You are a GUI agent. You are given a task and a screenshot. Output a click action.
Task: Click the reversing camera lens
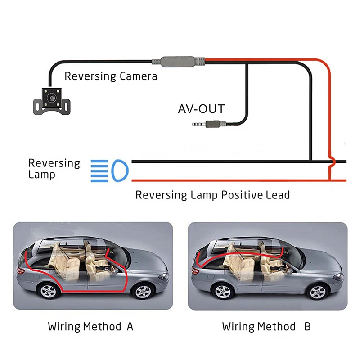click(52, 98)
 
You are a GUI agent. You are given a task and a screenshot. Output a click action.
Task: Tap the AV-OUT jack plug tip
click(193, 125)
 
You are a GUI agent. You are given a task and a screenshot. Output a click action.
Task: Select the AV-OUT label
click(201, 109)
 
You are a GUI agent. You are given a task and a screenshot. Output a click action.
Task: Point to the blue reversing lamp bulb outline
click(120, 171)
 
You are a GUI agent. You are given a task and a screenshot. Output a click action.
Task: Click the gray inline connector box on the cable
click(177, 62)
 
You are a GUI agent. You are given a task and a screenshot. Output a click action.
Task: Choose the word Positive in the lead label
click(242, 195)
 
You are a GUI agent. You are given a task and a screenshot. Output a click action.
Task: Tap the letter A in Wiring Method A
click(130, 326)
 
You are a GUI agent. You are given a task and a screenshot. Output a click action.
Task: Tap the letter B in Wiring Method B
click(307, 326)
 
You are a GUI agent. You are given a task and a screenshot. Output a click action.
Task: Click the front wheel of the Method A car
click(143, 292)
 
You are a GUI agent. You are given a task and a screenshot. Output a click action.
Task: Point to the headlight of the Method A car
click(164, 276)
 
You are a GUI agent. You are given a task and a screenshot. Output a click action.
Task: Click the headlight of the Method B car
click(338, 277)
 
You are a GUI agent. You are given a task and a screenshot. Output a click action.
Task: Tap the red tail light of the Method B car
click(195, 271)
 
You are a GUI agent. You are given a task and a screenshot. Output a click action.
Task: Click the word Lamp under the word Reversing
click(42, 175)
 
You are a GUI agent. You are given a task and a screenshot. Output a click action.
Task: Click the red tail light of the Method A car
click(21, 271)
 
